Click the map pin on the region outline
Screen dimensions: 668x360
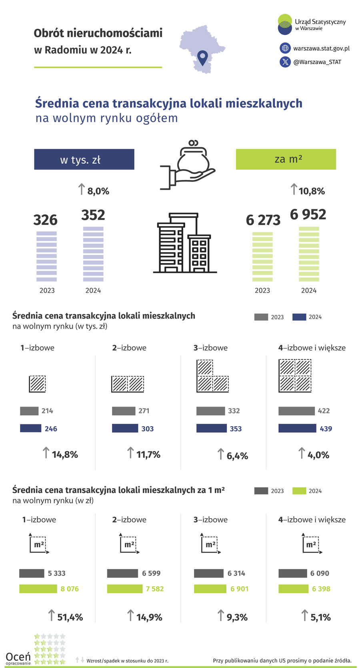click(x=203, y=57)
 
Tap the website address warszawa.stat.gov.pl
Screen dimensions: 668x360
click(x=321, y=48)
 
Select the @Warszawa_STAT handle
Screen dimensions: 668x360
click(x=317, y=62)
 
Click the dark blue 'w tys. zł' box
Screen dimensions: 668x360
click(x=84, y=159)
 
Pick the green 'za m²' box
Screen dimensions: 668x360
click(x=286, y=159)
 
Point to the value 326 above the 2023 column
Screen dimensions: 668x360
click(x=45, y=220)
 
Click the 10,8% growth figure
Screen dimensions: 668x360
click(x=312, y=191)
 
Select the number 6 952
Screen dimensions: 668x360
click(x=308, y=215)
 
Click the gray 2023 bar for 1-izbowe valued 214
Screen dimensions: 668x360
click(x=29, y=411)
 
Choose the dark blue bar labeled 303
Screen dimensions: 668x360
click(x=125, y=428)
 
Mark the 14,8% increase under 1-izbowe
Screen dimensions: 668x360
click(x=64, y=454)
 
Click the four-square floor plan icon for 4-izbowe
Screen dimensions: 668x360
click(x=295, y=376)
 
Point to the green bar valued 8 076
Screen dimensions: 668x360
click(x=38, y=589)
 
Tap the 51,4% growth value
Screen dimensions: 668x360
click(x=70, y=617)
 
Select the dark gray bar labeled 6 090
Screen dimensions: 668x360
click(x=292, y=573)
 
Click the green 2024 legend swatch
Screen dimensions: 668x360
click(x=299, y=491)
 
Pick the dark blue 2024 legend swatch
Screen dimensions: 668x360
click(x=299, y=317)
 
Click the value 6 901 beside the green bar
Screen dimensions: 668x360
click(x=239, y=589)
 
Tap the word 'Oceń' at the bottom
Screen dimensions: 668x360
click(x=18, y=656)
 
